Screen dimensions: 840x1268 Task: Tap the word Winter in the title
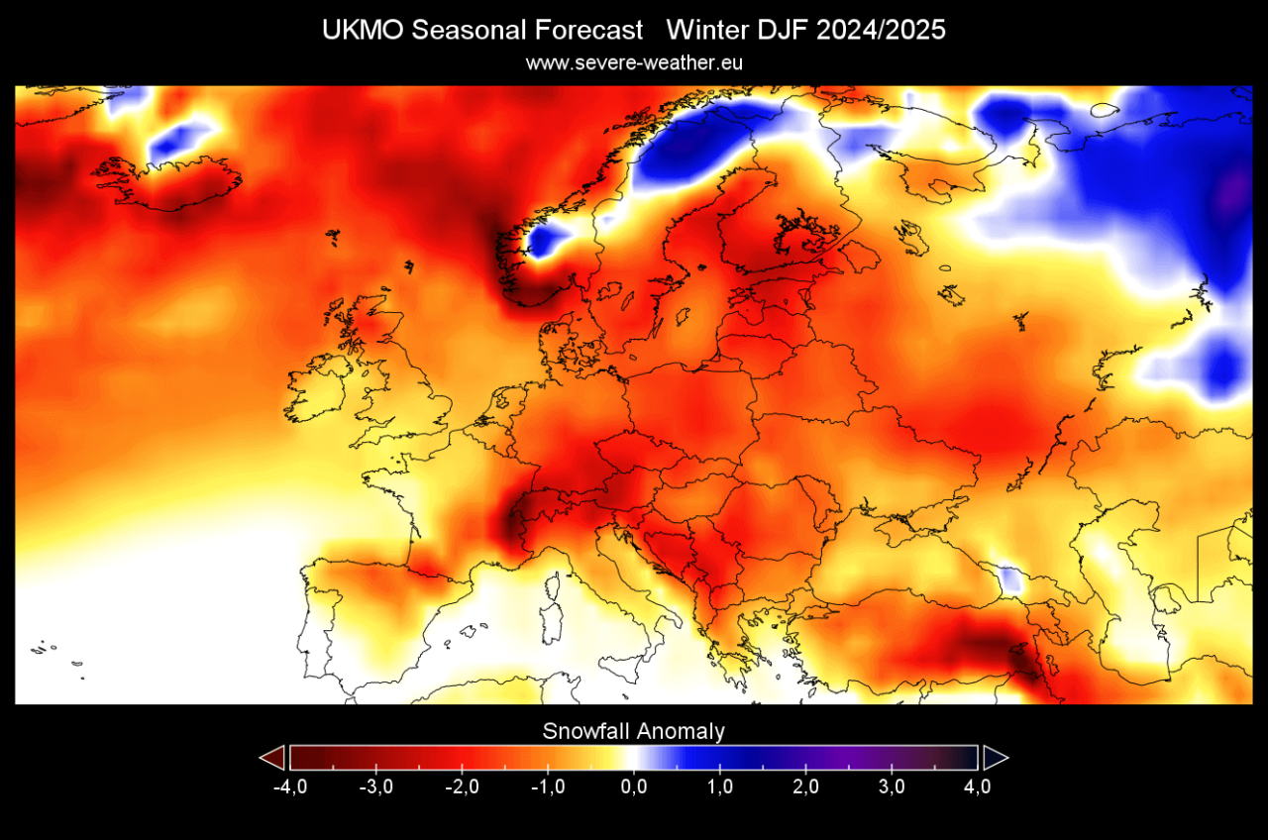click(704, 31)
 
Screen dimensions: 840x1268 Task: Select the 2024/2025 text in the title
click(882, 31)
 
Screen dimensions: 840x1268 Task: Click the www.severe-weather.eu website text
click(634, 62)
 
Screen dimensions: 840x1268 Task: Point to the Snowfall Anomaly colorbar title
click(634, 732)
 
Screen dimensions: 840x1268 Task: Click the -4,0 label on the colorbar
click(288, 787)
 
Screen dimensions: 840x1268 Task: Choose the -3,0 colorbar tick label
click(375, 787)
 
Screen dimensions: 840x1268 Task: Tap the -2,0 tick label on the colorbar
click(462, 787)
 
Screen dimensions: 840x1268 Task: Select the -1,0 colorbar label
click(548, 787)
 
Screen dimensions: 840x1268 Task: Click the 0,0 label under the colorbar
click(634, 787)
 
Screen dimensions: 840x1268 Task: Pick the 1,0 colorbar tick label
click(720, 787)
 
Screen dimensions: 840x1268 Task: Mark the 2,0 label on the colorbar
click(806, 787)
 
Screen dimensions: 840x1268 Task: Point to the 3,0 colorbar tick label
click(893, 787)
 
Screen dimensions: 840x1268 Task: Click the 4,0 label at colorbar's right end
click(978, 787)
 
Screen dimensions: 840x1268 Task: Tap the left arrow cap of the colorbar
click(272, 758)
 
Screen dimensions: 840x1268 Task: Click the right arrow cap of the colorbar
click(995, 758)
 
